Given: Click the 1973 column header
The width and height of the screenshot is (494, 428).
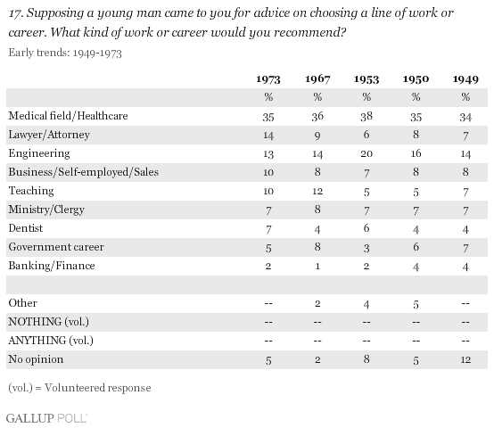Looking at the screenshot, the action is pos(268,79).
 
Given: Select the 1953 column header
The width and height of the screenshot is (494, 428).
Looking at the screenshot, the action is pos(366,79).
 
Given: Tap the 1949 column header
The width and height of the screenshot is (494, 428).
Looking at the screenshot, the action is pos(465,79).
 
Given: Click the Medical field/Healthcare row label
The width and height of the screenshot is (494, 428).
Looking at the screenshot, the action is pos(68,116).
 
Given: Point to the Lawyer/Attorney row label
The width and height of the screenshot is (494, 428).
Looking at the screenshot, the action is pos(49,135).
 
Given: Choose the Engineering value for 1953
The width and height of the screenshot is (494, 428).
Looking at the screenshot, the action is pos(366,153).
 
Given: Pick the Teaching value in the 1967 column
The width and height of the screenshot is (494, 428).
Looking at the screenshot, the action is pos(317,191).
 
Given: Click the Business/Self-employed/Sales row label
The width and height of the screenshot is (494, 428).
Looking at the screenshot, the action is pos(84,172).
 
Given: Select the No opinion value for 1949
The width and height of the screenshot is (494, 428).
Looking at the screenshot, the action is pos(465,359).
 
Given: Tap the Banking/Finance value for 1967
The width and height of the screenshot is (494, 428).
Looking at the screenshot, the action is pos(317,266).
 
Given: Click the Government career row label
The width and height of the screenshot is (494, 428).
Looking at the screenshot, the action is pos(56,247).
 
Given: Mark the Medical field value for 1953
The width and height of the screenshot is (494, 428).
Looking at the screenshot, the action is pos(366,117).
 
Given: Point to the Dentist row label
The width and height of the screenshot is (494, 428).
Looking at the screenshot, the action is pos(26,228).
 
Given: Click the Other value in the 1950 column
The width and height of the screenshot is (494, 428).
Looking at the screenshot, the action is pos(416,304).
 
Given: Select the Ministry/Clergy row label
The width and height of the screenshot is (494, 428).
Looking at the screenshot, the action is pos(46,210).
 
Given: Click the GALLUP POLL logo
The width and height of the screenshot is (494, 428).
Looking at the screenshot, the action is pos(46,418).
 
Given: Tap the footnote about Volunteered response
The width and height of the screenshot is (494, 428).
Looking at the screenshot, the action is pos(79,388).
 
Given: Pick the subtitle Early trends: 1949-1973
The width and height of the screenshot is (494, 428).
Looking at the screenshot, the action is pos(65,53).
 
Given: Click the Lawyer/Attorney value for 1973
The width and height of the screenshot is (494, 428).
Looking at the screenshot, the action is pos(268,136).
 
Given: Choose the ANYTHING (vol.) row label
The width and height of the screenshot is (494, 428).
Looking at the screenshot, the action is pos(51,341).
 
